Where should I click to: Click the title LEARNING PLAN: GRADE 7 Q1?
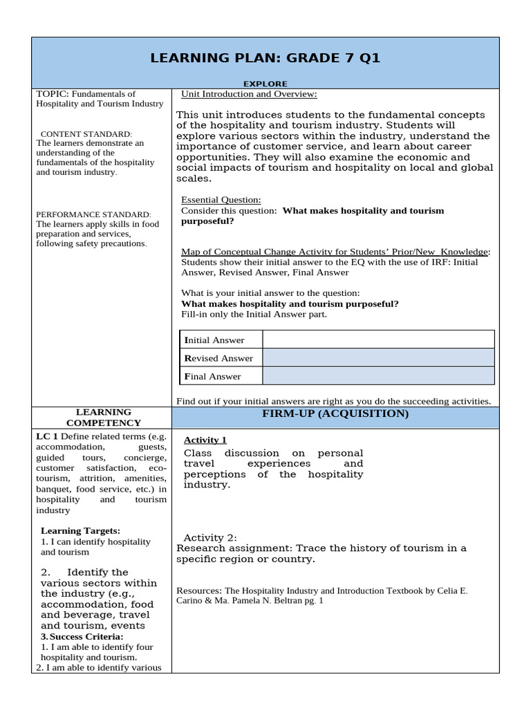[x=265, y=57]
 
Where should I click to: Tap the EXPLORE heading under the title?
[x=265, y=84]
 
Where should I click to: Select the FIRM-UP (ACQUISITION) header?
[x=335, y=413]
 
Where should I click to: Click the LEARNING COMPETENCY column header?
[x=104, y=417]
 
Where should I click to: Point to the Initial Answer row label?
[x=214, y=340]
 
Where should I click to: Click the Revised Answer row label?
[x=218, y=358]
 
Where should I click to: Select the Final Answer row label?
[x=212, y=376]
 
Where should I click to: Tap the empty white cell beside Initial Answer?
[x=378, y=339]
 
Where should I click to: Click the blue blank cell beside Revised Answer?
[x=378, y=357]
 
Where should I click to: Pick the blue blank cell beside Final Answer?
[x=378, y=375]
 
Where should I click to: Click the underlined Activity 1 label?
[x=205, y=440]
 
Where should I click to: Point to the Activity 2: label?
[x=209, y=537]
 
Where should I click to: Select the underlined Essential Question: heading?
[x=221, y=200]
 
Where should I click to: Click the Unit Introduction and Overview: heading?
[x=249, y=94]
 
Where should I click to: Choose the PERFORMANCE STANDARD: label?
[x=93, y=214]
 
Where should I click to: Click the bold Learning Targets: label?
[x=80, y=530]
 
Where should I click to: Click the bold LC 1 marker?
[x=46, y=436]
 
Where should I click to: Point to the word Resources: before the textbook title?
[x=199, y=590]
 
